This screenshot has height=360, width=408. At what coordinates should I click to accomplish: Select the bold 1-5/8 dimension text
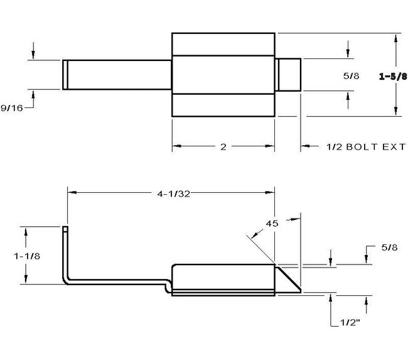[392, 77]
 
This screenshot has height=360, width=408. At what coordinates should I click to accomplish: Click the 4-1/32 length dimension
[171, 194]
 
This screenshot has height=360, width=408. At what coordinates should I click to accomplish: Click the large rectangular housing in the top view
[223, 75]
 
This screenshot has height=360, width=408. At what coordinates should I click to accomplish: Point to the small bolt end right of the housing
[289, 75]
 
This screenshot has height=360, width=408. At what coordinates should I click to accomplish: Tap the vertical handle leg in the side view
[65, 254]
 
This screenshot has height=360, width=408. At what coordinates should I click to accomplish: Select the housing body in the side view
[223, 278]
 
